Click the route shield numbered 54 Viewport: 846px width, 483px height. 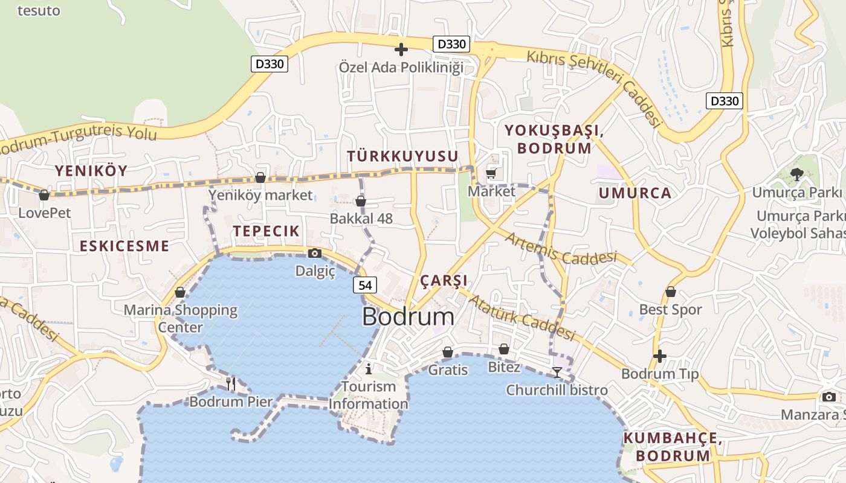coord(365,285)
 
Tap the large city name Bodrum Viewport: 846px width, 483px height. coord(408,317)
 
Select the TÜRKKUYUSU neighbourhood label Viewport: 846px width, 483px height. coord(402,156)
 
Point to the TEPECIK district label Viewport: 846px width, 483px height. coord(266,231)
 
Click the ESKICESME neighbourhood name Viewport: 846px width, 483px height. coord(124,246)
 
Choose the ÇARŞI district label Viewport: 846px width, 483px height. coord(444,281)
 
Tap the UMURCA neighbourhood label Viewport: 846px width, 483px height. coord(635,193)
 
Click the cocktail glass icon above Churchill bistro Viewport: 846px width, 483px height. coord(557,373)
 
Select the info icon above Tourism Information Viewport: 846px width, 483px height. coord(369,368)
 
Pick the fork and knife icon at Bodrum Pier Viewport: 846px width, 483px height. coord(230,383)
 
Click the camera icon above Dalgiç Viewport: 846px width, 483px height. coord(315,254)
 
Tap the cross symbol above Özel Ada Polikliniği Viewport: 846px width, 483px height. coord(401,50)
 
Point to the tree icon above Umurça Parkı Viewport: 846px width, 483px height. coord(796,175)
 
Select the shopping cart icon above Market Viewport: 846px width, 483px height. coord(491,174)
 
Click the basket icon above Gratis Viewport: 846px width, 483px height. coord(448,352)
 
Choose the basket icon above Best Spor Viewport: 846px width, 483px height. coord(670,292)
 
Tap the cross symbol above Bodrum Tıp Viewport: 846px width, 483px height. coord(660,356)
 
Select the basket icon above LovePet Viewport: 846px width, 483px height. coord(44,196)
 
